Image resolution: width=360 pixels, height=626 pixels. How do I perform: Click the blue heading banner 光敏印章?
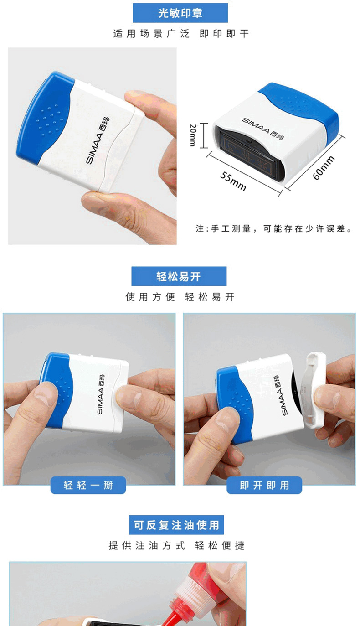pos(180,13)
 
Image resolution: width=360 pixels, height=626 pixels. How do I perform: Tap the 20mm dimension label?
pos(193,135)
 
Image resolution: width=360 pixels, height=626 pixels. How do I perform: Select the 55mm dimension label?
pos(233,181)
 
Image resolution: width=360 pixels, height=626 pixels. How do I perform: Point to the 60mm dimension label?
pos(324,168)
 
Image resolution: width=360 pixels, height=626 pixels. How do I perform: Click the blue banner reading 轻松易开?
pos(179,276)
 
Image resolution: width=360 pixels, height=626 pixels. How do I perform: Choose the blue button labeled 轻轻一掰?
pos(88,485)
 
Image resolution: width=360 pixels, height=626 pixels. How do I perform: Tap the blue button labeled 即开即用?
pos(264,485)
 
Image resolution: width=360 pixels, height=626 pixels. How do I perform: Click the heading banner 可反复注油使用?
pos(176,525)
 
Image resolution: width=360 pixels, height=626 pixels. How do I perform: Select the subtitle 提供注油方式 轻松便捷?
pos(176,545)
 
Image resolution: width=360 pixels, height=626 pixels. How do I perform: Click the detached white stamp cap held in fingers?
pos(313,390)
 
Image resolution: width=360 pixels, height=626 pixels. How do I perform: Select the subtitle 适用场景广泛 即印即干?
pos(181,34)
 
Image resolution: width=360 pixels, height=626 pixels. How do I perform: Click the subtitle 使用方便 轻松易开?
pos(180,297)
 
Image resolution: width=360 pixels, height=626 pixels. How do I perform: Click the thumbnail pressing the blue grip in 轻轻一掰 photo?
pos(46,394)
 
